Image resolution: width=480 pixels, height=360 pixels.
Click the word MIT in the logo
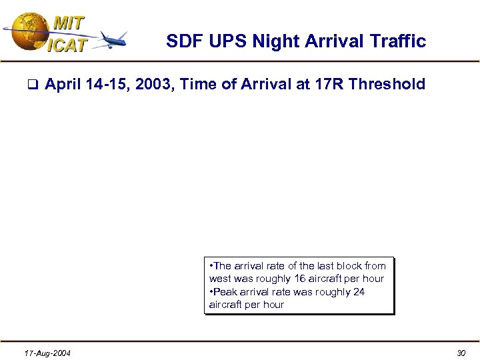click(69, 23)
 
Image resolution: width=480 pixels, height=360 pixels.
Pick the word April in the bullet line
click(65, 84)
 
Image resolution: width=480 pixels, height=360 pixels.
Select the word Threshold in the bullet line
click(387, 84)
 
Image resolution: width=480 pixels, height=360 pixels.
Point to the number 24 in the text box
click(359, 292)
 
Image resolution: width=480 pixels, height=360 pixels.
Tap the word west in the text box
click(221, 279)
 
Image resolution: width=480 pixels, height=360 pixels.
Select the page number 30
click(461, 353)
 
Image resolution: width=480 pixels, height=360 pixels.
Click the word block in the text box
click(337, 266)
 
